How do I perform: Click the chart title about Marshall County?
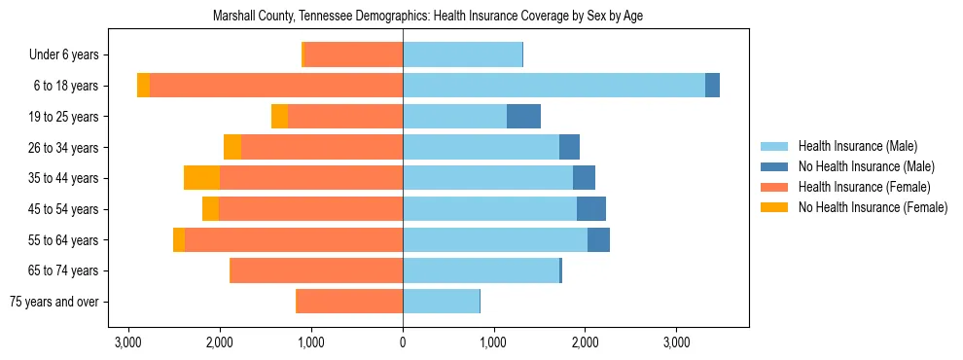(x=427, y=17)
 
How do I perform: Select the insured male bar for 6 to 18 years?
(x=553, y=86)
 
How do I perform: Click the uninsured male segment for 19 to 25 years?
(x=523, y=117)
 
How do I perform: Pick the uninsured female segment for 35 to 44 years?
(x=201, y=178)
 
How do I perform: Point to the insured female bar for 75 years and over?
(x=350, y=302)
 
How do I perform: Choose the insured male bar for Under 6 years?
(x=462, y=55)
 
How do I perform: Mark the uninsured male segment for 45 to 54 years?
(x=591, y=209)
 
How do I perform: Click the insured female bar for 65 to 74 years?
(x=316, y=270)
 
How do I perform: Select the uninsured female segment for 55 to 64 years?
(x=179, y=240)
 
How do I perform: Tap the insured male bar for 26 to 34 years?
(x=481, y=148)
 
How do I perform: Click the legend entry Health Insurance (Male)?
(x=857, y=146)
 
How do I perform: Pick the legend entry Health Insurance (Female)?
(x=864, y=187)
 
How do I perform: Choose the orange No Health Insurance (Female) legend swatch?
(x=775, y=207)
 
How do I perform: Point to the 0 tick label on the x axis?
(x=403, y=342)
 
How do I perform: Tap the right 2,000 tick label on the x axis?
(x=585, y=342)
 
